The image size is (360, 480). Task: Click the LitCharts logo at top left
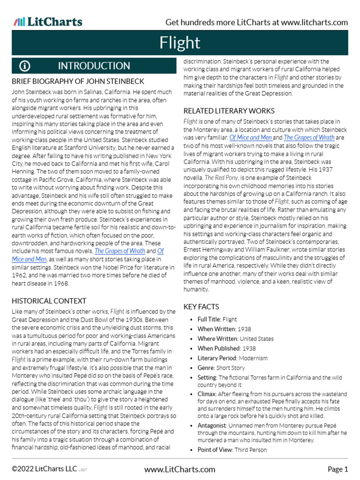pyautogui.click(x=48, y=22)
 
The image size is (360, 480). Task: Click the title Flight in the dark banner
pyautogui.click(x=180, y=43)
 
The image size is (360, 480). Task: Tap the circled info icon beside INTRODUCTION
pyautogui.click(x=25, y=66)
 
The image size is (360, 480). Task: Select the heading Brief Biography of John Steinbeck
pyautogui.click(x=78, y=81)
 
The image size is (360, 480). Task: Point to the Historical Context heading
pyautogui.click(x=49, y=301)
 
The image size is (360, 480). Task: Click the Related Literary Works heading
pyautogui.click(x=229, y=111)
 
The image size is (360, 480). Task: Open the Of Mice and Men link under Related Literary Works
pyautogui.click(x=250, y=137)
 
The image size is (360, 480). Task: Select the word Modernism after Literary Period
pyautogui.click(x=253, y=358)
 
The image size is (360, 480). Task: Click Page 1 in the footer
pyautogui.click(x=337, y=469)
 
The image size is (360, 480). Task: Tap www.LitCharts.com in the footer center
pyautogui.click(x=180, y=469)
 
